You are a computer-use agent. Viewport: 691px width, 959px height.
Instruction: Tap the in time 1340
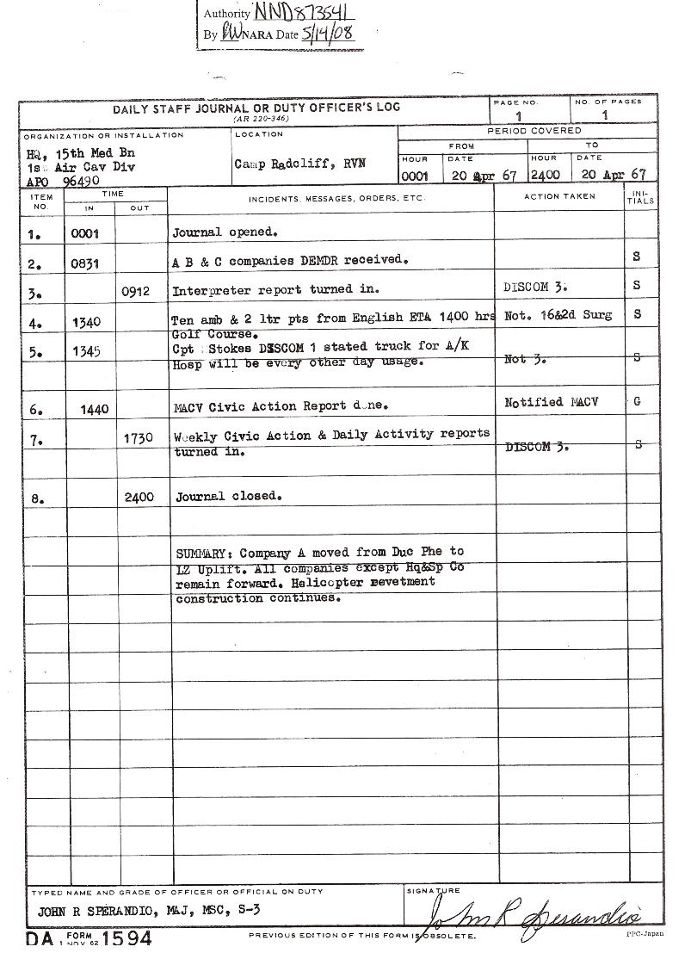(89, 322)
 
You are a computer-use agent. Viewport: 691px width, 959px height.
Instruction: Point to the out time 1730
(138, 438)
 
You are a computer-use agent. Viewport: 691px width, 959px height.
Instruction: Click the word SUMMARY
(204, 553)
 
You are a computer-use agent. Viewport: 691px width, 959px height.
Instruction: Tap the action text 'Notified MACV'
(546, 402)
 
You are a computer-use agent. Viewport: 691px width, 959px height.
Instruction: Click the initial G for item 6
(637, 402)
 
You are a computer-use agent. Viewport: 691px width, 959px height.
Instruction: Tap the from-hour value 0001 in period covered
(415, 175)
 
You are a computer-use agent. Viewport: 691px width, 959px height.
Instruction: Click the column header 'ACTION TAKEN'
(559, 197)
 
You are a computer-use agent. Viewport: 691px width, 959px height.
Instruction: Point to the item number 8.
(36, 498)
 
